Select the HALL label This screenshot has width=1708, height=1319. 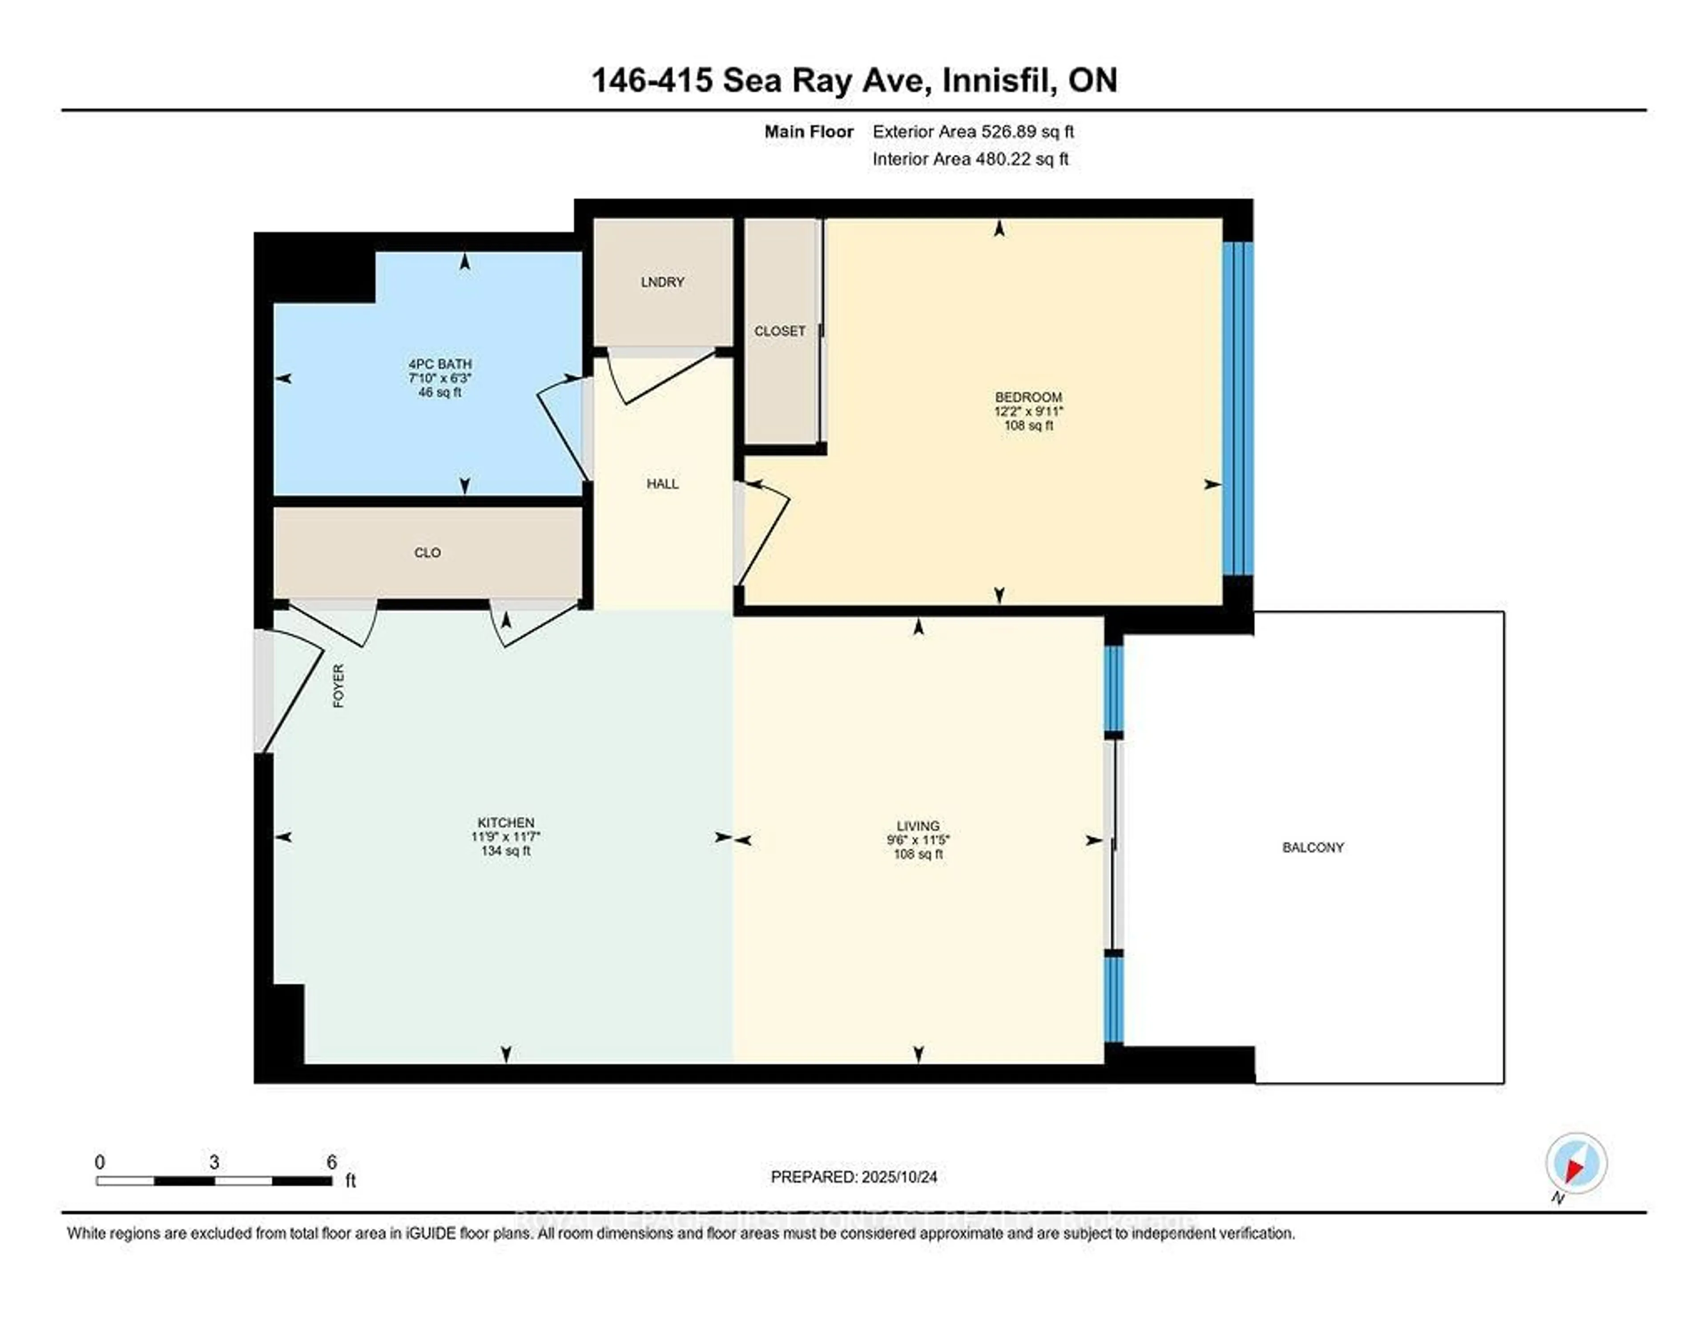pos(662,484)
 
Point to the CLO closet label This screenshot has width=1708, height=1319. pos(427,553)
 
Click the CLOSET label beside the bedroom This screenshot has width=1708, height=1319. pos(780,331)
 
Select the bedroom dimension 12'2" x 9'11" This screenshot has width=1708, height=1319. pos(1028,411)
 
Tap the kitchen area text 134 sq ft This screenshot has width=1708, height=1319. pos(506,851)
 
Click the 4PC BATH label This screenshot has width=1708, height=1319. pos(440,364)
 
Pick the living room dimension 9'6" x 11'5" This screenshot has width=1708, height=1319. pos(918,840)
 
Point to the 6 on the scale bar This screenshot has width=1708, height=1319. pos(331,1162)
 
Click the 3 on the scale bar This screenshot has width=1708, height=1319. pos(214,1162)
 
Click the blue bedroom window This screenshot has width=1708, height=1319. pos(1237,408)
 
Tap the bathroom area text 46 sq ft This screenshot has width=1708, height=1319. pos(440,393)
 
